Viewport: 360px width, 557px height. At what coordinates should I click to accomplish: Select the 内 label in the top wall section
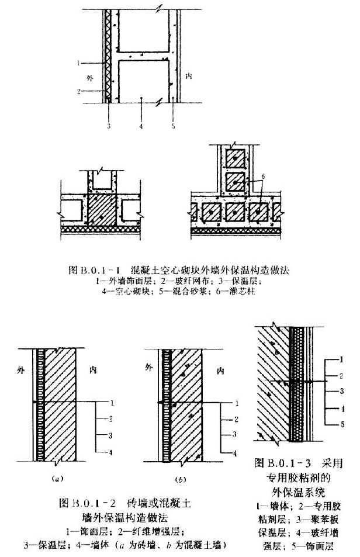point(188,77)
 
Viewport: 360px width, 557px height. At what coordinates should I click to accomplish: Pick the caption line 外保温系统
point(293,490)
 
